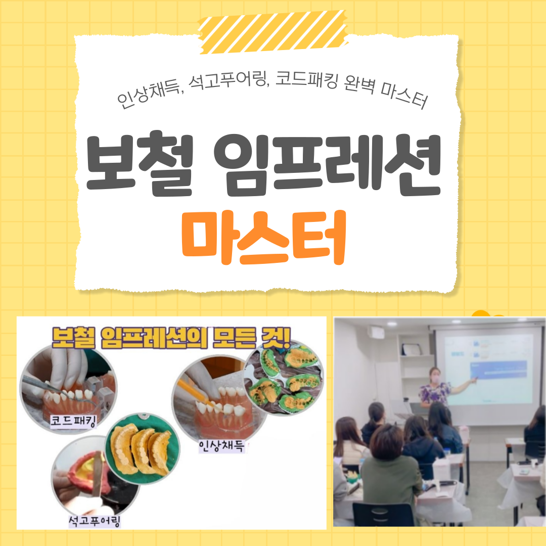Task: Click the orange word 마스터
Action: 263,237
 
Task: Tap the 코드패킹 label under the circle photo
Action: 73,421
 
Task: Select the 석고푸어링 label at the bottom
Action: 94,521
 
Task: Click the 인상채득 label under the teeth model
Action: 221,446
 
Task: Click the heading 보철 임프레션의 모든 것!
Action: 171,338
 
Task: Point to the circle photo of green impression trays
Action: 284,378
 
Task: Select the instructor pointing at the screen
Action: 439,387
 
